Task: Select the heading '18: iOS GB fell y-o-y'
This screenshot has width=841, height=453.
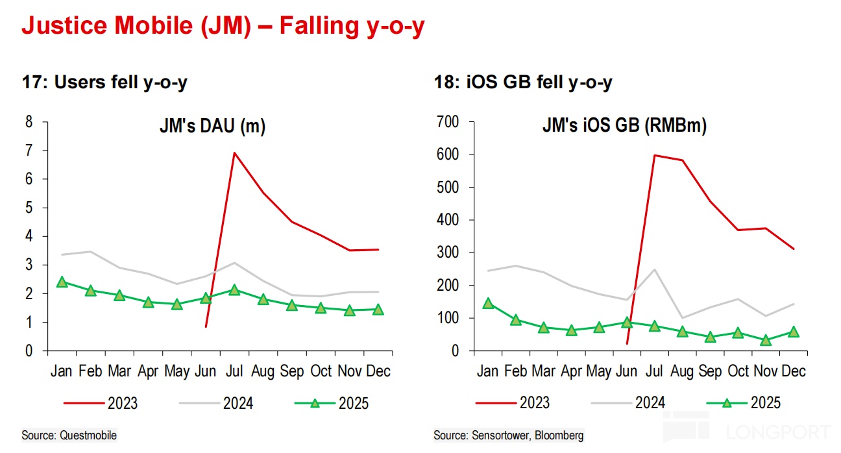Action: pyautogui.click(x=523, y=82)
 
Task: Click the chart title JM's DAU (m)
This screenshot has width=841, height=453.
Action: pyautogui.click(x=213, y=127)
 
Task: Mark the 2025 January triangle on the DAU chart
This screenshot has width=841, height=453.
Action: pyautogui.click(x=62, y=282)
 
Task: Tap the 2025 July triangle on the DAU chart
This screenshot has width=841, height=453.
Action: pyautogui.click(x=234, y=289)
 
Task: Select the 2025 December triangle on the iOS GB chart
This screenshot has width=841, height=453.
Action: pyautogui.click(x=793, y=332)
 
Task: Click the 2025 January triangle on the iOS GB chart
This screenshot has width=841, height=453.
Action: pyautogui.click(x=488, y=303)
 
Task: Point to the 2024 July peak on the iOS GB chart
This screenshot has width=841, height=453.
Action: pyautogui.click(x=654, y=269)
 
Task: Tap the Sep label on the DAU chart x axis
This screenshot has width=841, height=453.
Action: pyautogui.click(x=291, y=371)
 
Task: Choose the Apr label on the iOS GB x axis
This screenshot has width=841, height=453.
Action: pyautogui.click(x=571, y=371)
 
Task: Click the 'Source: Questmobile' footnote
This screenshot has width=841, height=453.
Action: pyautogui.click(x=69, y=435)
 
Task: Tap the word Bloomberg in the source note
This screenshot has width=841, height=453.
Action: pyautogui.click(x=557, y=435)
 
